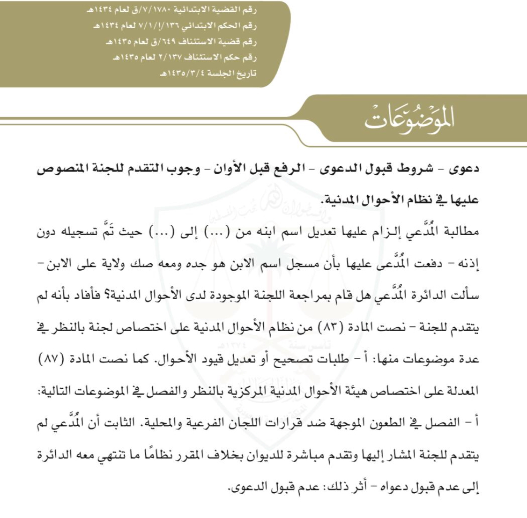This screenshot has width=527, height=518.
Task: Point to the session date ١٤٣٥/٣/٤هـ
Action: coord(181,74)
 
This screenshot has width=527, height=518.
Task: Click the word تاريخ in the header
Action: coord(246,74)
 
